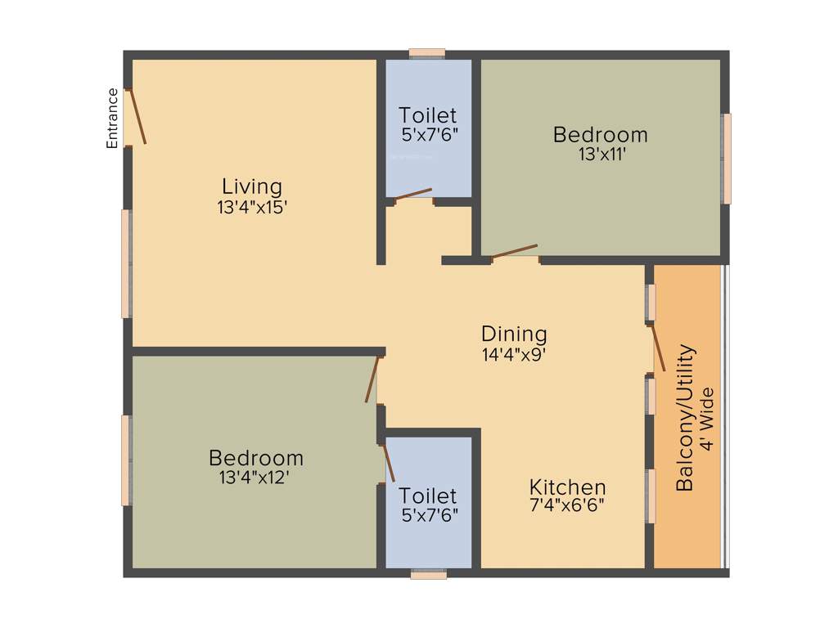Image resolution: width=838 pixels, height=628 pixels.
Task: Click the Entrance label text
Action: point(113,118)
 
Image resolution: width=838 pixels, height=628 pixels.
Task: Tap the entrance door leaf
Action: point(137,116)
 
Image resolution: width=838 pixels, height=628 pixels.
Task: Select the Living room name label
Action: point(251,186)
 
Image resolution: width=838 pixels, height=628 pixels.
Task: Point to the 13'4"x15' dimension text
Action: point(251,208)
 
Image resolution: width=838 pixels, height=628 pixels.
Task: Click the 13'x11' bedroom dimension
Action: point(600,155)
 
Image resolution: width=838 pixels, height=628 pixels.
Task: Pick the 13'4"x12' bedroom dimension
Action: point(255,478)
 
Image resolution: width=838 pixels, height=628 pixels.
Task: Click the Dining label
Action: point(514,334)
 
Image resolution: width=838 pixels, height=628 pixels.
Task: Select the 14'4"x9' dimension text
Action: point(514,355)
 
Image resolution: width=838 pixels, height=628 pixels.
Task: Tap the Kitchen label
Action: point(567,487)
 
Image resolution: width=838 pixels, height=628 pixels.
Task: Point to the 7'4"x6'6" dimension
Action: point(567,505)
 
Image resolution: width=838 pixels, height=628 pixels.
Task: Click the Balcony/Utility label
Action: point(686,418)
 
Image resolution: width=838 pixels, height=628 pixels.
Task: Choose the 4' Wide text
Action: point(708,418)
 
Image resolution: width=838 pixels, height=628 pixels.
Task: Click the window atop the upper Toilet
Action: point(426,53)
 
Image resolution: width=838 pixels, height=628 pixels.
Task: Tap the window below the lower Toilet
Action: point(429,575)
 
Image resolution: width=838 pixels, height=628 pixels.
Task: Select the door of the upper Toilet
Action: point(412,194)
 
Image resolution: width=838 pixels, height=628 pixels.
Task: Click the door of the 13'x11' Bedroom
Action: point(514,252)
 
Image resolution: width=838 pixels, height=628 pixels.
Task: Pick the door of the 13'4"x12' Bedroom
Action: point(373,379)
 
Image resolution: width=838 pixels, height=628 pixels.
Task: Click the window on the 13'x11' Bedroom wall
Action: point(726,158)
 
